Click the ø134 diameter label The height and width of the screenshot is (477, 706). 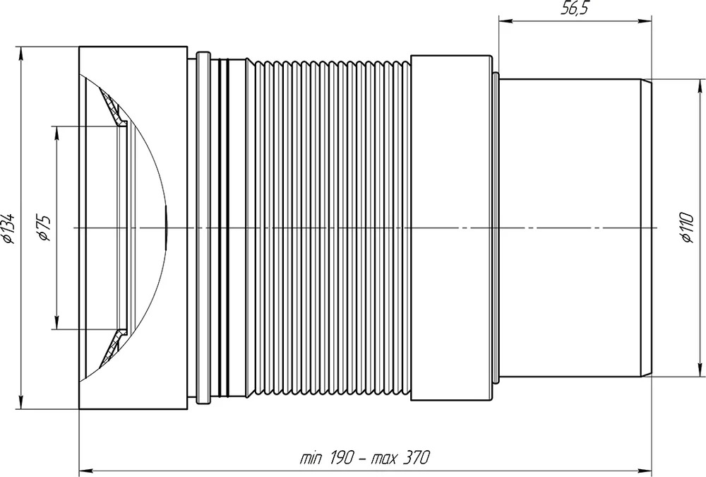[9, 228]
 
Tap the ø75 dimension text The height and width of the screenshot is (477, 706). [44, 228]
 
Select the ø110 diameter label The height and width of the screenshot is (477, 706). [687, 228]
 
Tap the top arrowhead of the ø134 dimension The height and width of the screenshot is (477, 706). [20, 53]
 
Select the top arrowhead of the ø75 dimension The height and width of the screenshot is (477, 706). [56, 134]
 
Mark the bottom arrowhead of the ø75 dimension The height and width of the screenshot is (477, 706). [56, 322]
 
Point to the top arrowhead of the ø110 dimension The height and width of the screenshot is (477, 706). [700, 86]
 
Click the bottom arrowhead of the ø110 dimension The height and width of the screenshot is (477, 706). [700, 370]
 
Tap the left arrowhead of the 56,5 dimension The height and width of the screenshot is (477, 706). [505, 20]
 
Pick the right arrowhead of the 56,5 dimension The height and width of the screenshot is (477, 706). [645, 20]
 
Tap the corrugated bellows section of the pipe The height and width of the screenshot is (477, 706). [329, 228]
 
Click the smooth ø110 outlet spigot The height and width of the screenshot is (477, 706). [571, 228]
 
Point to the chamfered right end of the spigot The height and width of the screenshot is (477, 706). [647, 228]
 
